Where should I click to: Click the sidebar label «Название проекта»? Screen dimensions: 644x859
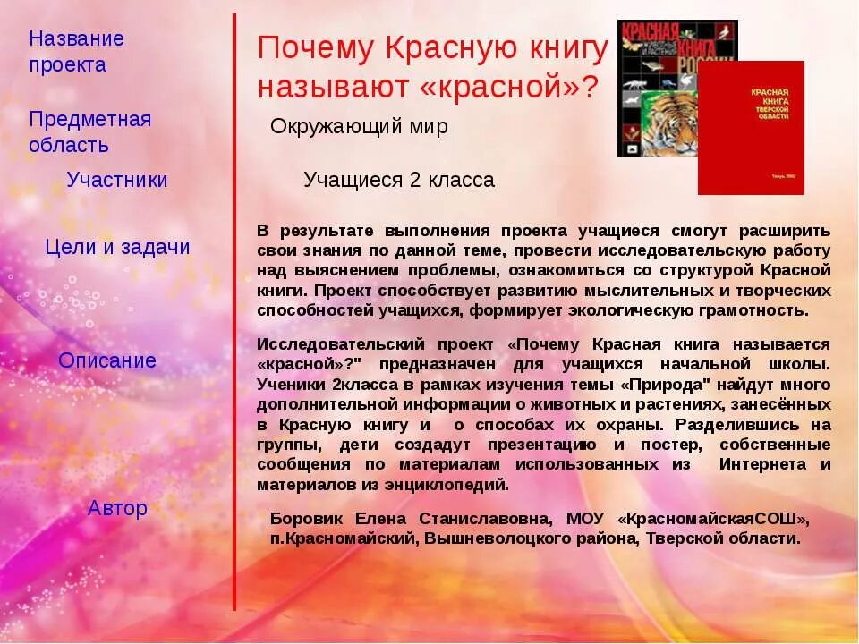76,52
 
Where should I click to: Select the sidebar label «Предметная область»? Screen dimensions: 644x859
89,132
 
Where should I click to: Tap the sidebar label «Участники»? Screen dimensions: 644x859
117,180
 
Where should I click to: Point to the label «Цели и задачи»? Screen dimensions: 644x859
117,248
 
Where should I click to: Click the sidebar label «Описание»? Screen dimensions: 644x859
107,360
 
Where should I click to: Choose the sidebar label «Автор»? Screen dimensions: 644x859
117,508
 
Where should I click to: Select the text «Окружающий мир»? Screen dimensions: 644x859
359,127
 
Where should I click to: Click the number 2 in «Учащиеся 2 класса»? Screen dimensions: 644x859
415,180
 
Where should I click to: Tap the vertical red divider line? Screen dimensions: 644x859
235,313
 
